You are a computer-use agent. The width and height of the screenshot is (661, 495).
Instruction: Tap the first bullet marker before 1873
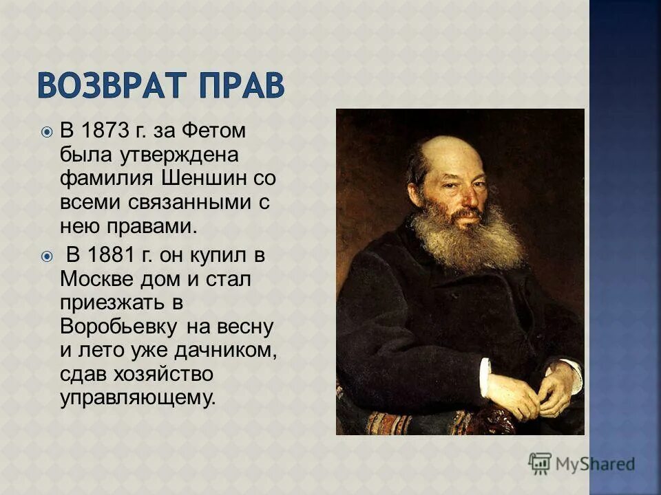pos(46,131)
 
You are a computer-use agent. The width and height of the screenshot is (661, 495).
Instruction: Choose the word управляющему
pos(138,398)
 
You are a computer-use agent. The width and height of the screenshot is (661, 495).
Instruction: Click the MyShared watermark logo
pos(581,464)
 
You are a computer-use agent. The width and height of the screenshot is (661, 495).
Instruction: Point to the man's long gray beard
pos(468,237)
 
